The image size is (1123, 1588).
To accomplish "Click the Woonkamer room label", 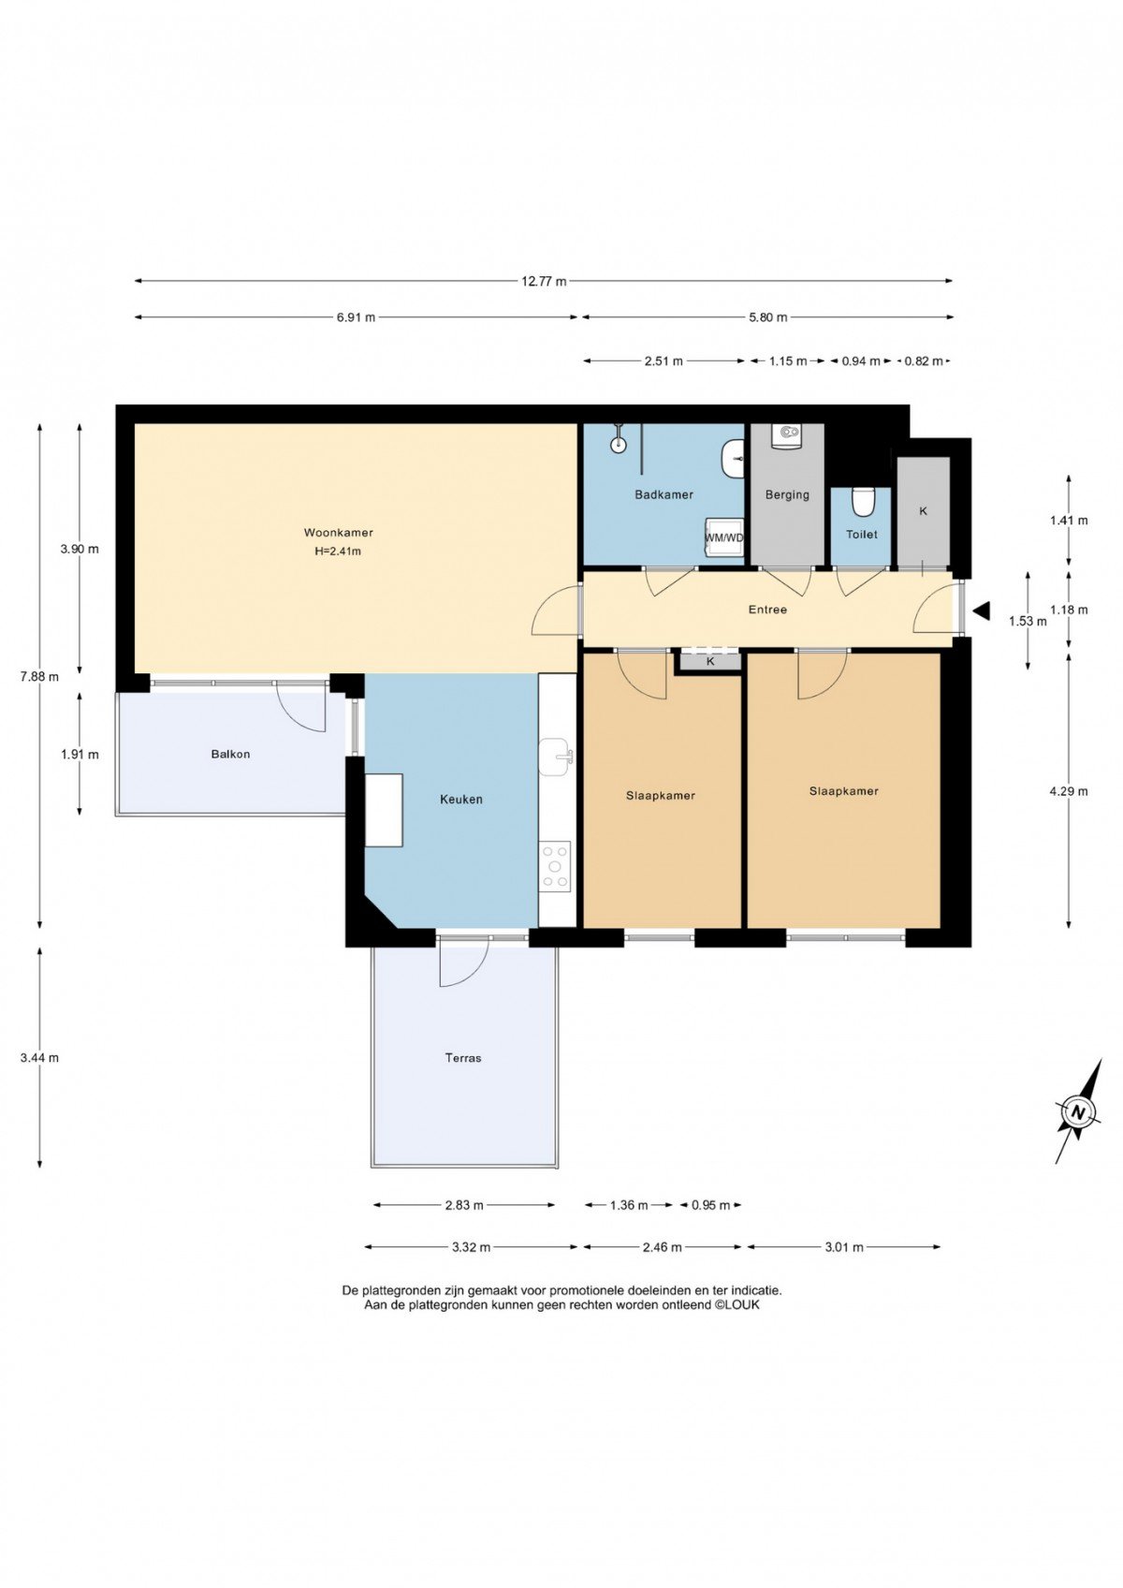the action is pyautogui.click(x=338, y=533).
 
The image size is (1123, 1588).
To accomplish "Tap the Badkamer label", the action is pyautogui.click(x=664, y=494).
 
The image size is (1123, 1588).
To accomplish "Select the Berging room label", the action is pyautogui.click(x=787, y=494).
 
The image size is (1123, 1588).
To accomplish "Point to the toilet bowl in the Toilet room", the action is pyautogui.click(x=862, y=501).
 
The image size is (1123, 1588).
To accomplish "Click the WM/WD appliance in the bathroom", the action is pyautogui.click(x=724, y=538).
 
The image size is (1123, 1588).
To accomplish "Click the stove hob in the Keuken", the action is pyautogui.click(x=555, y=865).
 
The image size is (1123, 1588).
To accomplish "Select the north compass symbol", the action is pyautogui.click(x=1078, y=1111).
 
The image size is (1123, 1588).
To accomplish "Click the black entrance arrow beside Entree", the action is pyautogui.click(x=982, y=610).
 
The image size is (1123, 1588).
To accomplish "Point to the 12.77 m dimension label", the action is pyautogui.click(x=544, y=282).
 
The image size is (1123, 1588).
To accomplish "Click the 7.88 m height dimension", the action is pyautogui.click(x=39, y=676).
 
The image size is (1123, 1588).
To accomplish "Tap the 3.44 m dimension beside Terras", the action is pyautogui.click(x=39, y=1058).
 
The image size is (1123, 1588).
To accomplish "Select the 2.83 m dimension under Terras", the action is pyautogui.click(x=464, y=1204).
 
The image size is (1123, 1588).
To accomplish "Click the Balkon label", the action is pyautogui.click(x=230, y=755).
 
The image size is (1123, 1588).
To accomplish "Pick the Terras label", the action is pyautogui.click(x=462, y=1058).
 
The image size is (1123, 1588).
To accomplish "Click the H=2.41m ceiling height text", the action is pyautogui.click(x=338, y=551).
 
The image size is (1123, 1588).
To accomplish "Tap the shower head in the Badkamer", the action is pyautogui.click(x=620, y=442).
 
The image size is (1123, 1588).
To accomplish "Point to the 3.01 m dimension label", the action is pyautogui.click(x=843, y=1247).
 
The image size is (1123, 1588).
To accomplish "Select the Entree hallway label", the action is pyautogui.click(x=767, y=610).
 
